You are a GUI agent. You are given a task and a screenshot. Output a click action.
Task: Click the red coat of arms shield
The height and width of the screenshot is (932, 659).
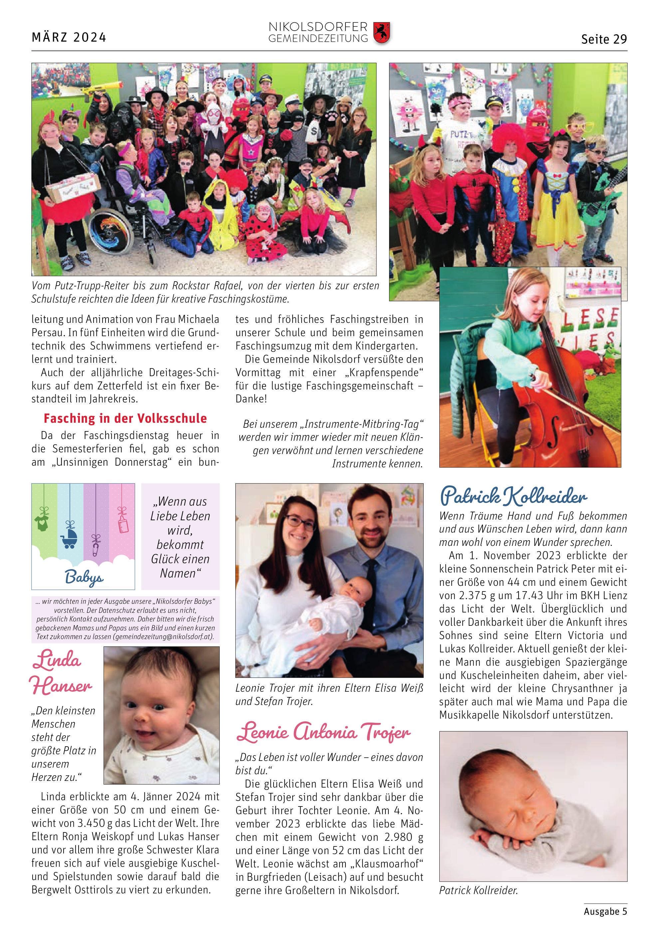(x=381, y=33)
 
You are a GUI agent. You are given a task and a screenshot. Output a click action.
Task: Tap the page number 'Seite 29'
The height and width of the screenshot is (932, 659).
(x=604, y=39)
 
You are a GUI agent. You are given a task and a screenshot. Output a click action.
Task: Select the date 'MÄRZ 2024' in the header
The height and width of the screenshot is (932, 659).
(x=69, y=37)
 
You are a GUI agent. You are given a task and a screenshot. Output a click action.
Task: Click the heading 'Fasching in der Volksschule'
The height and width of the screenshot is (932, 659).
(x=125, y=418)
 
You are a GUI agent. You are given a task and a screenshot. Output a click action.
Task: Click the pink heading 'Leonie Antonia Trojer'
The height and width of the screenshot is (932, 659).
(x=324, y=732)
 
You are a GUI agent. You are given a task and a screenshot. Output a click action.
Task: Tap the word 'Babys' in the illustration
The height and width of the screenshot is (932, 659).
(x=84, y=577)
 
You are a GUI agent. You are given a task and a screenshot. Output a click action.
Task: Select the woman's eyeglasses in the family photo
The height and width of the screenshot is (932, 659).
(x=300, y=523)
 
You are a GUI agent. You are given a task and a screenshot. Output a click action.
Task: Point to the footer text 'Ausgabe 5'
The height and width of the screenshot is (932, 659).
(x=605, y=911)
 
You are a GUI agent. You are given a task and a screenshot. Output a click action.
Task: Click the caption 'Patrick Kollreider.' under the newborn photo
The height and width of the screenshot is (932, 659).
(x=478, y=891)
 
